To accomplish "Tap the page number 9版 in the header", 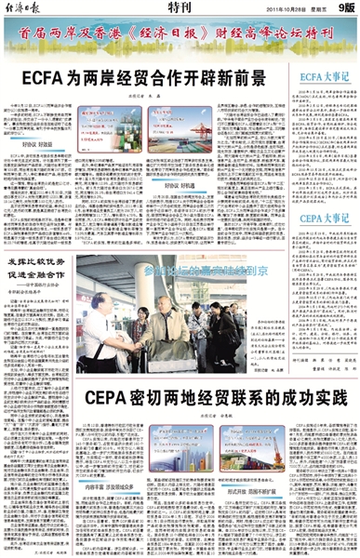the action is click(x=343, y=8).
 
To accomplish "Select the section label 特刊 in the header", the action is click(x=180, y=7).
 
